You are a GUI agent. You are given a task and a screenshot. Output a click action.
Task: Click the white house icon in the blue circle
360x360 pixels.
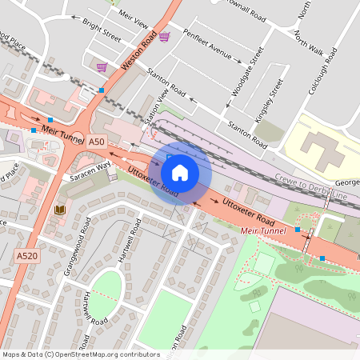(x=180, y=172)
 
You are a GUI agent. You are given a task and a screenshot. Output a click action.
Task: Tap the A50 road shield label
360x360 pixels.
(x=97, y=142)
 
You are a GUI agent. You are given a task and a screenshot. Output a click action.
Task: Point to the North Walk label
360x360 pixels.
(x=309, y=46)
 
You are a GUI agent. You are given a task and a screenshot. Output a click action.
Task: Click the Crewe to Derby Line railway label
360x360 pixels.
(x=314, y=189)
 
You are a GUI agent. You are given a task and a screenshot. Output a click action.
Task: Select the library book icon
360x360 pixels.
(x=59, y=210)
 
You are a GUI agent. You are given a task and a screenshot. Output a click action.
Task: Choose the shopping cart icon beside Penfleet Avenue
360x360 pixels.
(x=164, y=37)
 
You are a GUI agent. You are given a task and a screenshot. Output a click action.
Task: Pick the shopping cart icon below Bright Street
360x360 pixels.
(x=102, y=67)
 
